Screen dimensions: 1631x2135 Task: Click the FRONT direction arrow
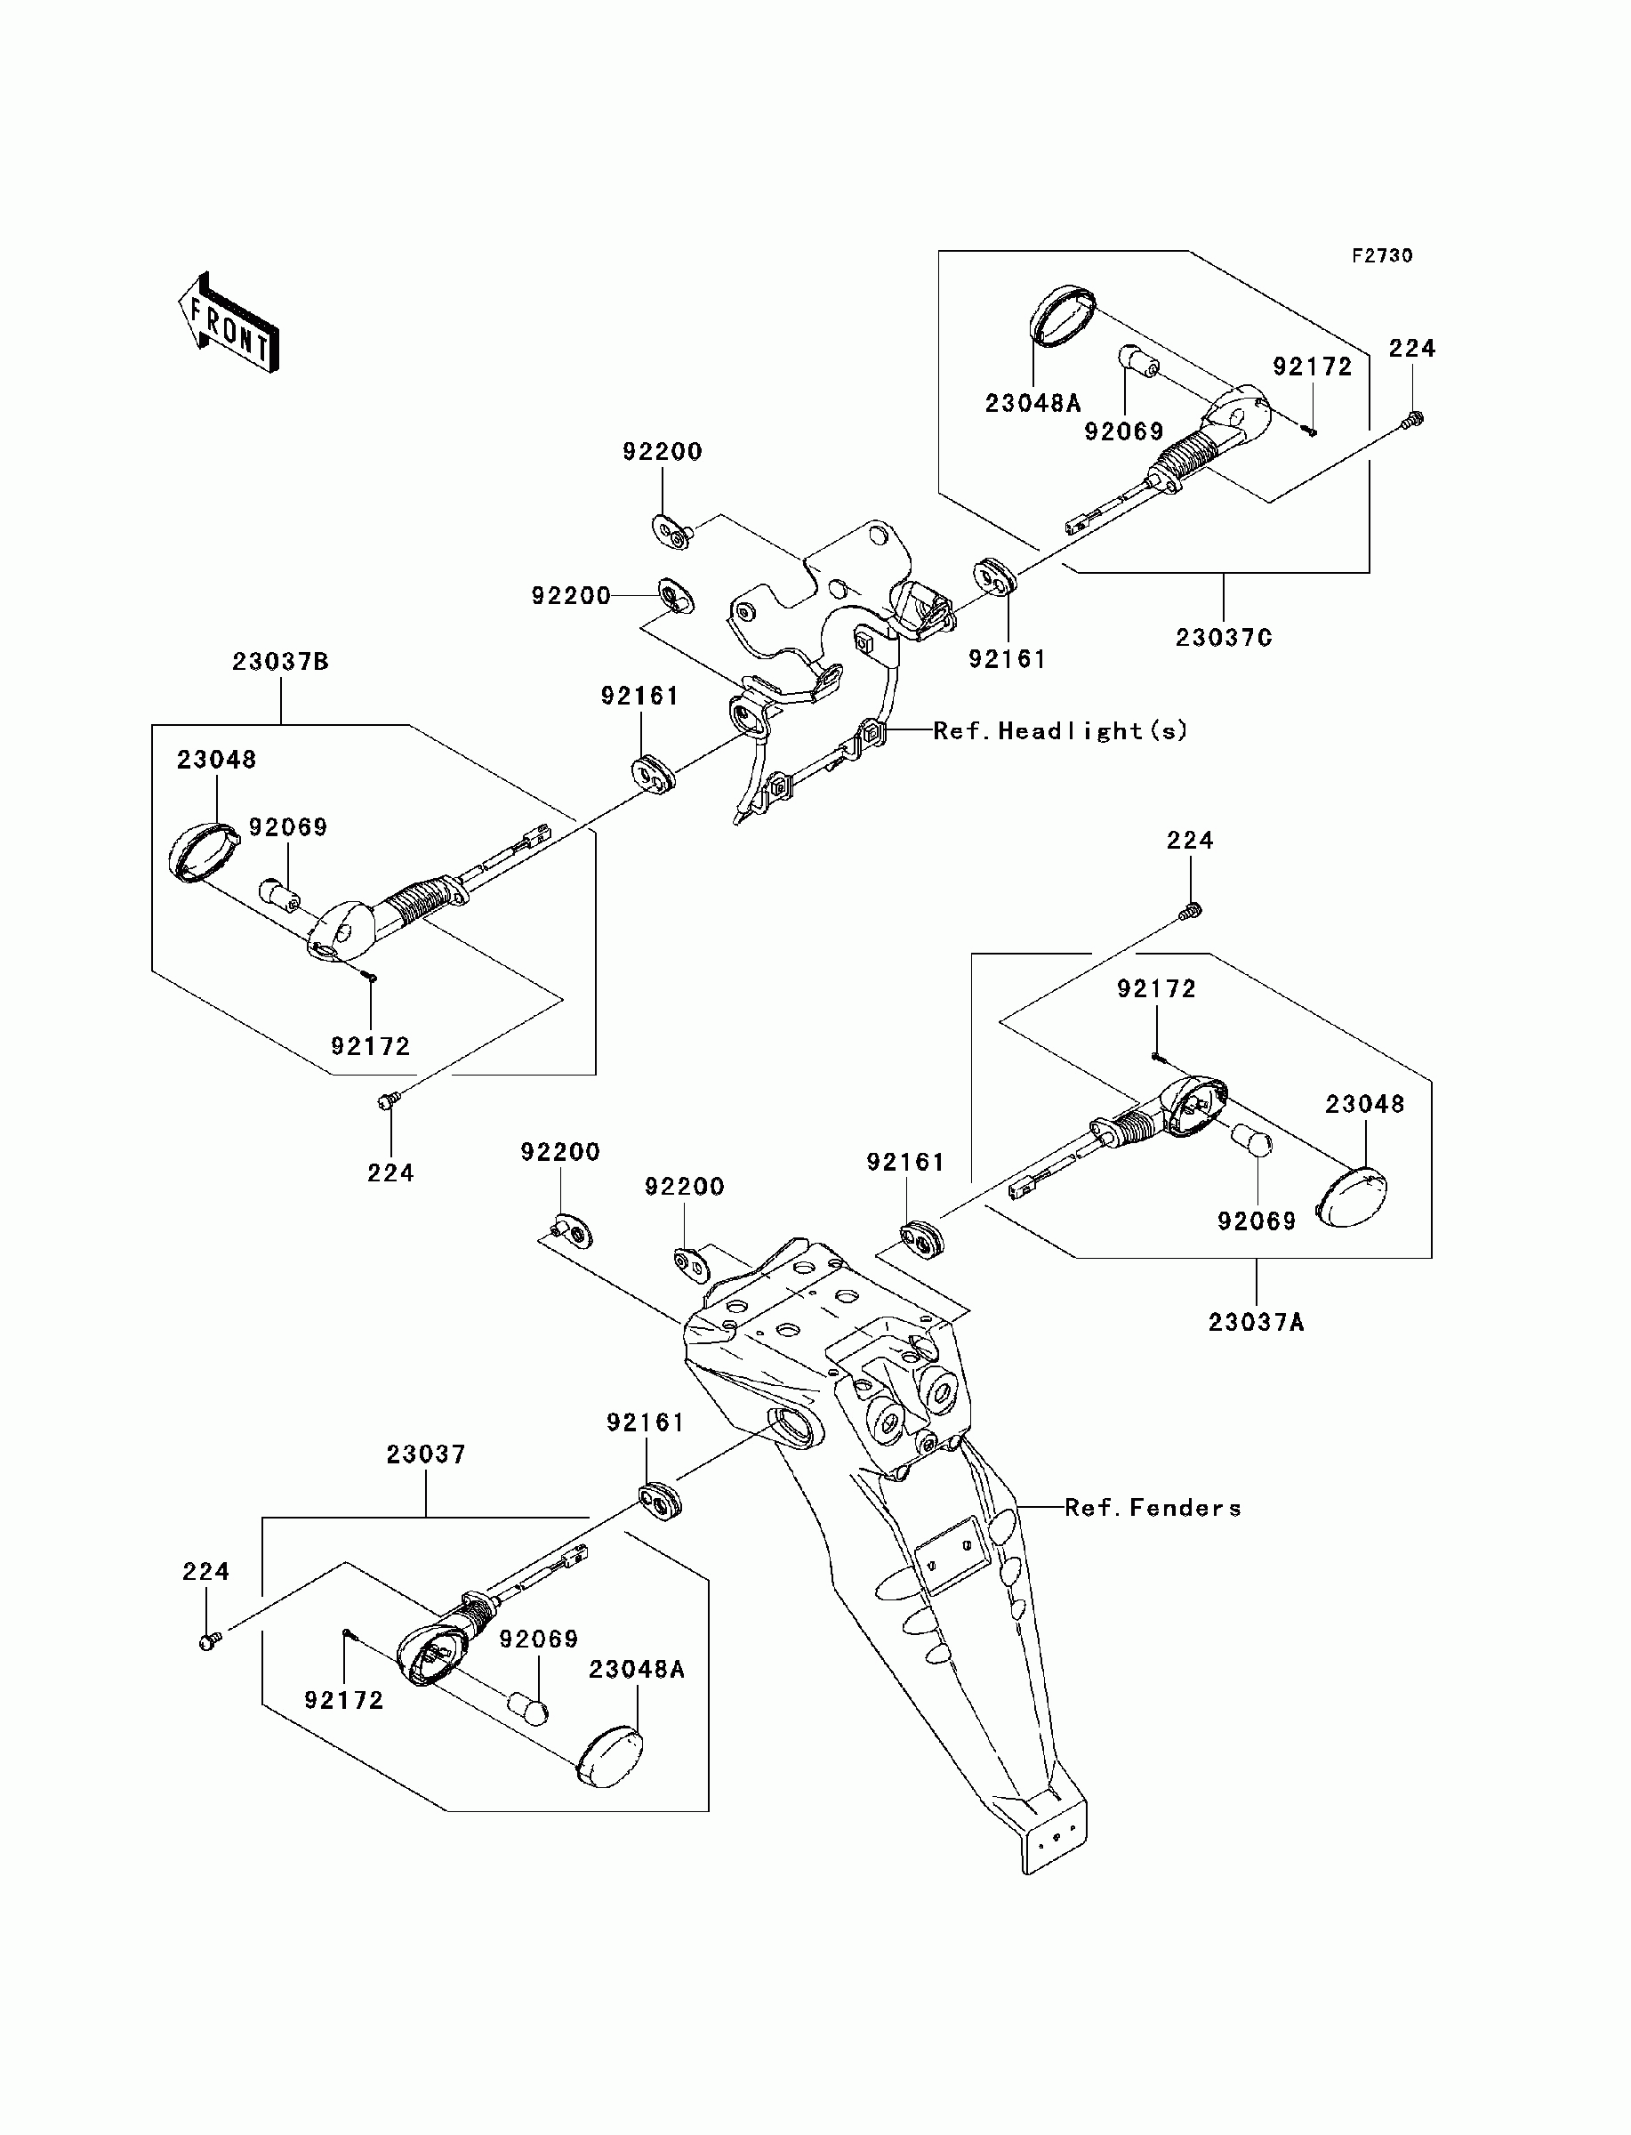tap(229, 322)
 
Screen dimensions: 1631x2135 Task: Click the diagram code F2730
tap(1383, 255)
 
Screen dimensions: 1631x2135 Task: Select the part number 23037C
tap(1224, 638)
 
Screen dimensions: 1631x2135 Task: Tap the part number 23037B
tap(280, 661)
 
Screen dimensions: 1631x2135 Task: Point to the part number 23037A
tap(1257, 1321)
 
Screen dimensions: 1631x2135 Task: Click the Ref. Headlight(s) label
tap(1060, 730)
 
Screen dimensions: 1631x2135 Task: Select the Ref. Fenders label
tap(1153, 1508)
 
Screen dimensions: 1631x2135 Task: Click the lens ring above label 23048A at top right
tap(1062, 315)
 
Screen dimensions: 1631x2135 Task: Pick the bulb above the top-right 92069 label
tap(1141, 362)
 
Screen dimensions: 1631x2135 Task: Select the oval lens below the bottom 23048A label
tap(610, 1757)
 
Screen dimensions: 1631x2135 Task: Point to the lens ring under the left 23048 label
tap(204, 851)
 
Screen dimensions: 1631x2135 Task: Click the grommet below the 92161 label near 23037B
tap(653, 772)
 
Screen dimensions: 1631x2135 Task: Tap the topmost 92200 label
tap(663, 452)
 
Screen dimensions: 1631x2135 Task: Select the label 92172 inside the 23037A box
tap(1156, 988)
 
